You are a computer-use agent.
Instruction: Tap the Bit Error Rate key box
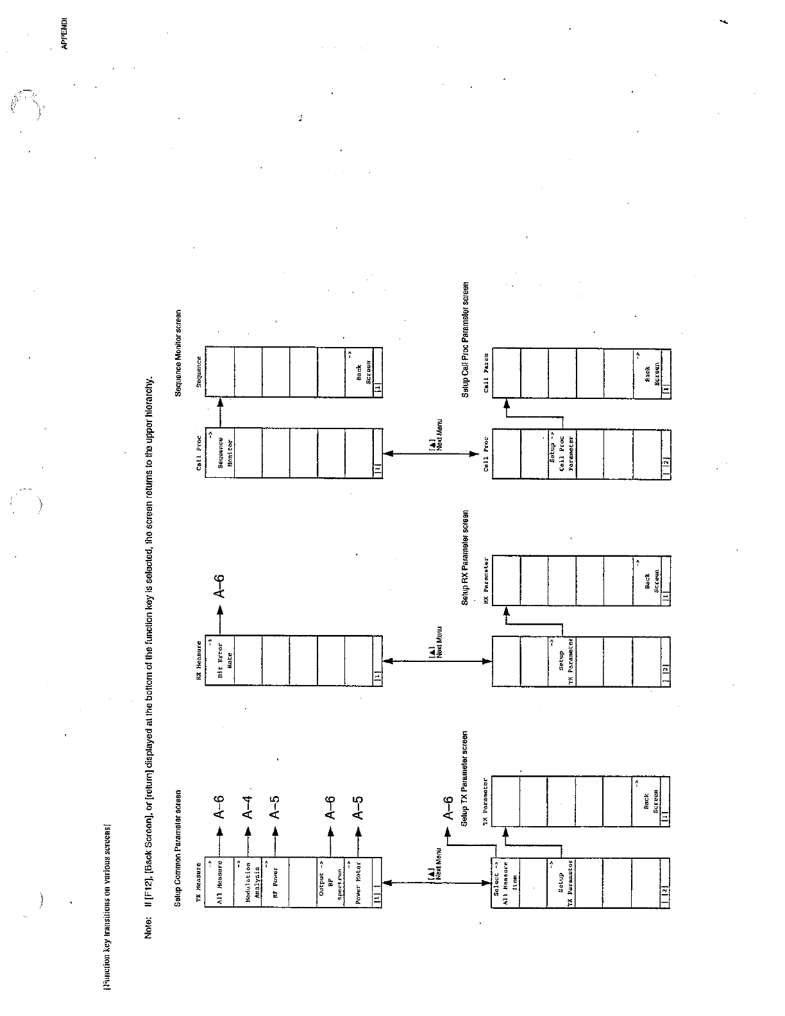point(219,661)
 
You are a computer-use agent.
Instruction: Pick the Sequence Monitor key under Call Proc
point(219,452)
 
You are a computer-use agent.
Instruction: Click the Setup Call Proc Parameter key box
point(562,452)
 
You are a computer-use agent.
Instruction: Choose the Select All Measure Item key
point(505,882)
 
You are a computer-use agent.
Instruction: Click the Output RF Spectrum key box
point(331,882)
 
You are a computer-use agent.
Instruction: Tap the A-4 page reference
point(248,806)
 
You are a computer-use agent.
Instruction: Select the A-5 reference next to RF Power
point(275,806)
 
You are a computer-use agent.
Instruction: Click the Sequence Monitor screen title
point(179,353)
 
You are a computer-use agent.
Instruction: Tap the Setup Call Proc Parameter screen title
point(466,339)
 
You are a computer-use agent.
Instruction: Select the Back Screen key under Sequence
point(359,373)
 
